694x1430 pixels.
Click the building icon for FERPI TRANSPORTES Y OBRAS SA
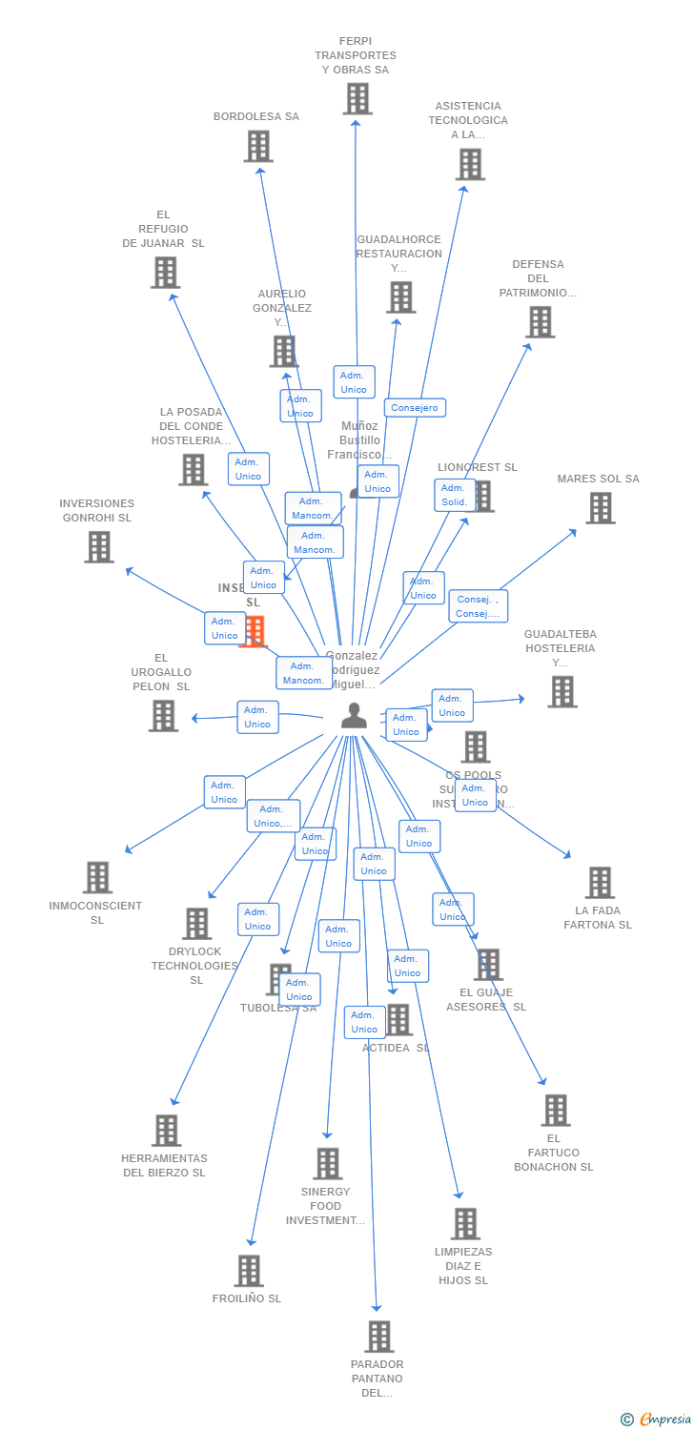[357, 99]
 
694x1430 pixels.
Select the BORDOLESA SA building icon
[258, 146]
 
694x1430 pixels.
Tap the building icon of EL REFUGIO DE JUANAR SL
[165, 273]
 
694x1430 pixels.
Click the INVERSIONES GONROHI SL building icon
[98, 547]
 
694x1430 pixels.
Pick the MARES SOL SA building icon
[600, 508]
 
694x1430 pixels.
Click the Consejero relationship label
[415, 408]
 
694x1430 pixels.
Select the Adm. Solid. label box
[455, 495]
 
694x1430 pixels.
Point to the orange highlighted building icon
[255, 632]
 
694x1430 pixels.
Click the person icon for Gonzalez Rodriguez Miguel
[354, 716]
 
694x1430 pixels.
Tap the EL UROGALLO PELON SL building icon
[163, 716]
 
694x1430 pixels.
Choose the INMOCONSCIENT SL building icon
[97, 877]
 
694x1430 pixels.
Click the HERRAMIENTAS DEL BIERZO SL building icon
[166, 1131]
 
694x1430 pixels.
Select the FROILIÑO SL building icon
[249, 1271]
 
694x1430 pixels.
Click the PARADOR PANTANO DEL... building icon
[378, 1337]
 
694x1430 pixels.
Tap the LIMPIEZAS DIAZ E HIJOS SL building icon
[464, 1223]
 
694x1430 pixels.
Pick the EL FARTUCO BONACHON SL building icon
[556, 1111]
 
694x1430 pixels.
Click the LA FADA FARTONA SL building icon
[599, 883]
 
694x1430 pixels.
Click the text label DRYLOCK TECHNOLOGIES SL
[194, 966]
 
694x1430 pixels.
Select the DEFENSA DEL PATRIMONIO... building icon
[541, 322]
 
